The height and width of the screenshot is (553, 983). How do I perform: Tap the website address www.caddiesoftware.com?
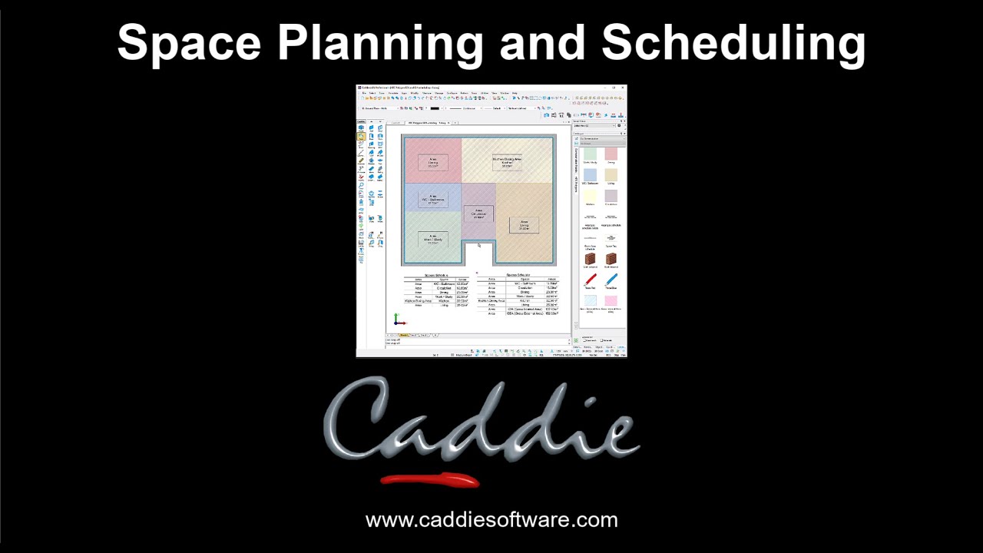[491, 520]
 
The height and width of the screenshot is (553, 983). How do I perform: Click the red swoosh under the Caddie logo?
[430, 481]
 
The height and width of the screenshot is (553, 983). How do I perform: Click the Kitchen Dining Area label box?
[507, 162]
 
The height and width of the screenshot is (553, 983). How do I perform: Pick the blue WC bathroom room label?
[432, 200]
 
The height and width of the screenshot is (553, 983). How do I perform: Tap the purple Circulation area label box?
[478, 213]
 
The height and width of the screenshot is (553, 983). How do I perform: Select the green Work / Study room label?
[432, 240]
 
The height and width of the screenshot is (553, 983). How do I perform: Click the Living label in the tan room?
[524, 225]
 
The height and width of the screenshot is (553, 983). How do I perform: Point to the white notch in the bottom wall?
[478, 253]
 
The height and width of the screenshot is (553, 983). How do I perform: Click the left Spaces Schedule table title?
[436, 275]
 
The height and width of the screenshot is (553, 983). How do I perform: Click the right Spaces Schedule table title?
[518, 275]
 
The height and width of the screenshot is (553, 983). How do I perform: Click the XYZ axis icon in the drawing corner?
[398, 320]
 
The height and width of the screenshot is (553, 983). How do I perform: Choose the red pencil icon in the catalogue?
[590, 280]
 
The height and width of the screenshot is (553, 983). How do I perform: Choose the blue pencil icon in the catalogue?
[611, 280]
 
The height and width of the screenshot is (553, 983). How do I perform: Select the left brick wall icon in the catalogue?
[590, 259]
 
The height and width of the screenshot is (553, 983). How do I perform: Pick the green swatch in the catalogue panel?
[590, 154]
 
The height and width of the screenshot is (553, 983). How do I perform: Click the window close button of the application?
[623, 88]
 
